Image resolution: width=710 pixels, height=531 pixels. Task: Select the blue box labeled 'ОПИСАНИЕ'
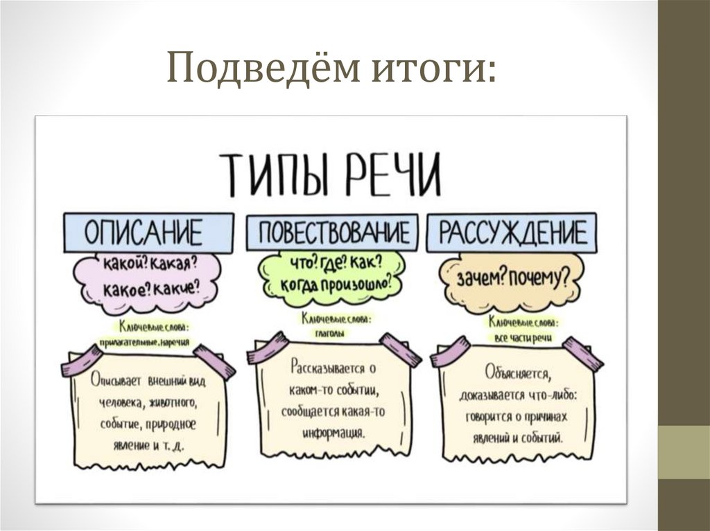coord(144,233)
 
